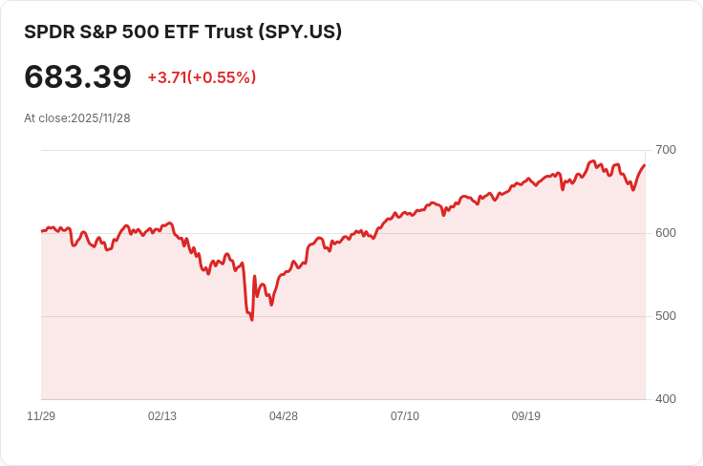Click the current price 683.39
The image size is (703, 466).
(x=77, y=76)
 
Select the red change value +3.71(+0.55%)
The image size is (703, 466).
(x=202, y=77)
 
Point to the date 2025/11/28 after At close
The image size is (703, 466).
(x=100, y=118)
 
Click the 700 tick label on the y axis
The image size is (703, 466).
(x=666, y=150)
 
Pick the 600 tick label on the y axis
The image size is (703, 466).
(x=666, y=233)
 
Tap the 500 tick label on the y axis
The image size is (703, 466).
(x=666, y=316)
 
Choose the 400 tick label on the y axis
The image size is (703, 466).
(x=666, y=398)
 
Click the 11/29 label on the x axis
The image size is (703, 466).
(x=41, y=416)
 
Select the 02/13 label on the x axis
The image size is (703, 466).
(x=162, y=416)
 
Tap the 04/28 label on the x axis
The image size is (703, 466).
(x=284, y=416)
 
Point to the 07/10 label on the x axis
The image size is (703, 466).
(x=405, y=416)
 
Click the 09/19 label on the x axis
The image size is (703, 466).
(x=526, y=416)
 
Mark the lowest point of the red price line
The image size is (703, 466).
(x=251, y=319)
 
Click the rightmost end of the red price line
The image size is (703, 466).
(x=645, y=165)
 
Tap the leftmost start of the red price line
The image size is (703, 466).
(x=42, y=231)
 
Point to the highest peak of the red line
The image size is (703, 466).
(x=593, y=161)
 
